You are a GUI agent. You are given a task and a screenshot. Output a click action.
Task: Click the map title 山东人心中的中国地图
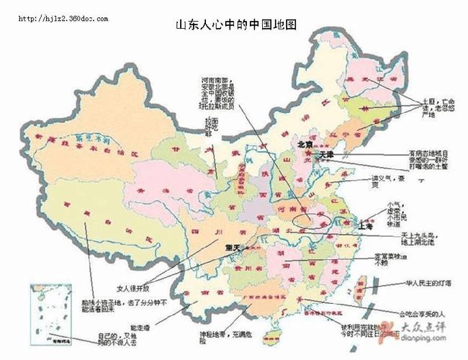coord(236,25)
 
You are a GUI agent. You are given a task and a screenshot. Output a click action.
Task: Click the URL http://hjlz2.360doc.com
coord(63,18)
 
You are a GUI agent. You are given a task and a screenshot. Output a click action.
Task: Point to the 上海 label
coord(366,225)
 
